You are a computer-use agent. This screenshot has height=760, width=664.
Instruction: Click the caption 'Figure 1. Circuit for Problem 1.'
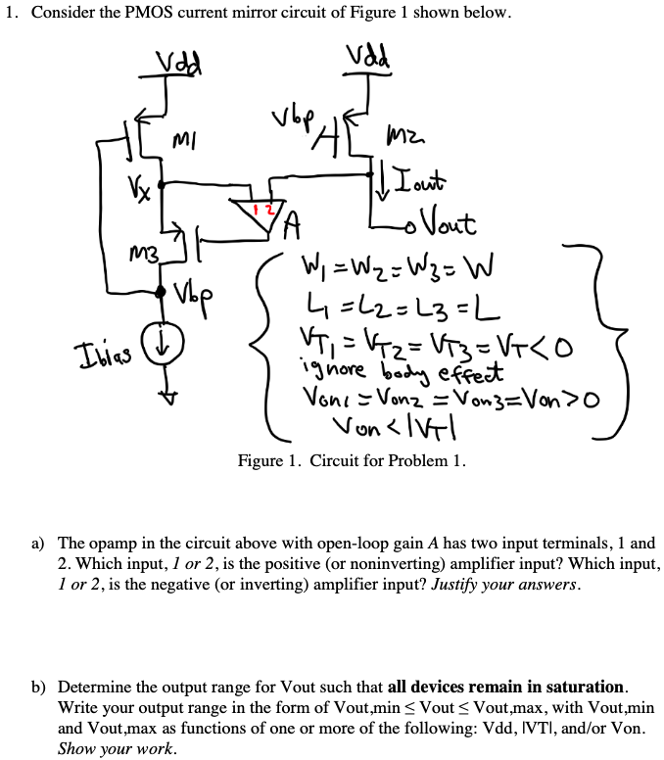coord(353,459)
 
